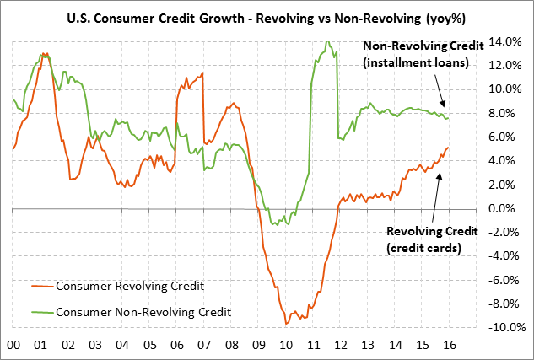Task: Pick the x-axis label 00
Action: click(x=13, y=345)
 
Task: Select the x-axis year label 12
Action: click(x=338, y=345)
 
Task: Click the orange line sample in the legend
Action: click(x=36, y=286)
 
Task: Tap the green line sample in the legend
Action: click(x=36, y=312)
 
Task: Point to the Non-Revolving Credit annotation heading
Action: click(x=423, y=47)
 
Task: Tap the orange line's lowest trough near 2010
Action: click(x=286, y=323)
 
